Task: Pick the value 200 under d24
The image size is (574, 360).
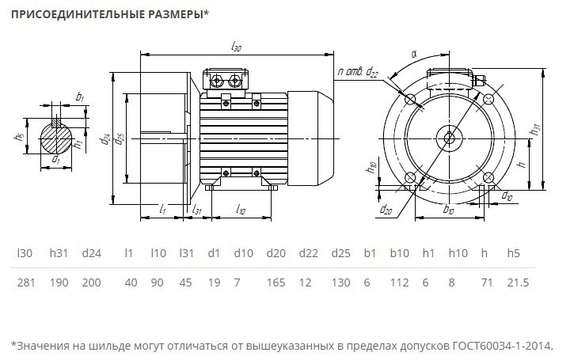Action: pos(92,282)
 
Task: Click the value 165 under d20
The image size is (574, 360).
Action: pos(276,282)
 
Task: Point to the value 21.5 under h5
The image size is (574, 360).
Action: pos(517,282)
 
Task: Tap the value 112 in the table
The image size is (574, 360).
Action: pos(399,282)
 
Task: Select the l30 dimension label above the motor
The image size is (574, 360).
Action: pos(236,47)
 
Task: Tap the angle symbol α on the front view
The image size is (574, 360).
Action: pos(413,54)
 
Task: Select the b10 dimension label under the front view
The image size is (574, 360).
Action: pos(448,210)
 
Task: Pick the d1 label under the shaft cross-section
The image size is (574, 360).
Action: pos(55,161)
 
